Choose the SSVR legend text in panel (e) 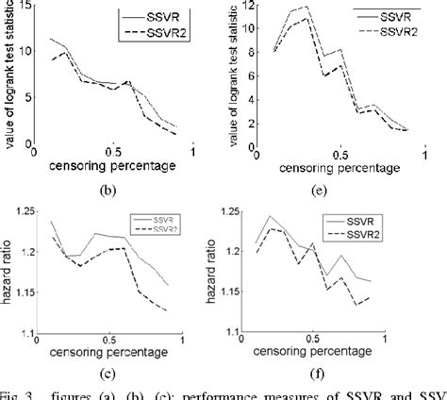point(387,16)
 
